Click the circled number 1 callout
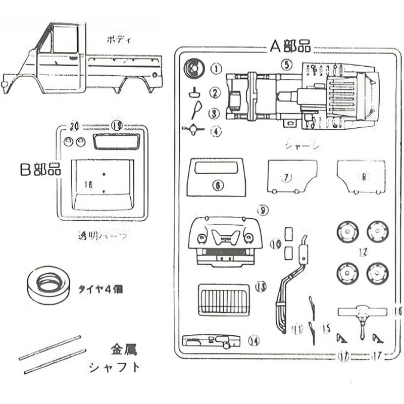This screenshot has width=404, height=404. (x=216, y=68)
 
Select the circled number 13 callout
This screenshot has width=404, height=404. (x=261, y=287)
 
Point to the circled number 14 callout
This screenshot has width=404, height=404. (x=254, y=342)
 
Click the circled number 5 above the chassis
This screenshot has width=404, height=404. (x=286, y=64)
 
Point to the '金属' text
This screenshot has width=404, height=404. (x=123, y=349)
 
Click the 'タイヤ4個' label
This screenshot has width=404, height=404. (x=100, y=290)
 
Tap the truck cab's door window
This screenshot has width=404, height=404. (x=64, y=39)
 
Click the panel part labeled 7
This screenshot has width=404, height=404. (x=292, y=176)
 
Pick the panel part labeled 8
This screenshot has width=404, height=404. (x=361, y=176)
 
